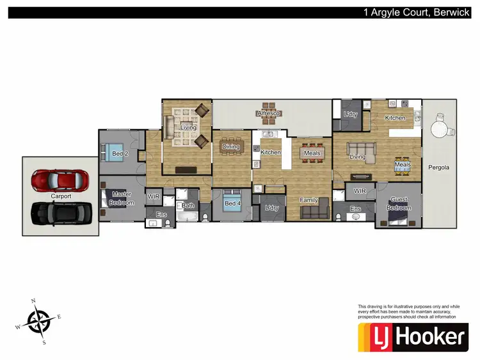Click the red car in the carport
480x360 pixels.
click(x=58, y=180)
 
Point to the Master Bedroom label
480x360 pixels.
click(x=122, y=198)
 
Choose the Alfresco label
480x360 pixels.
click(x=268, y=113)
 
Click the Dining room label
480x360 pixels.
click(x=230, y=147)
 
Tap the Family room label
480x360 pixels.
click(x=309, y=200)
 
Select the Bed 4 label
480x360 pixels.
click(x=233, y=204)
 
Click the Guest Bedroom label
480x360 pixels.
click(x=398, y=204)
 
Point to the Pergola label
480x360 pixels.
click(x=439, y=168)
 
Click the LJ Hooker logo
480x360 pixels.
click(x=413, y=337)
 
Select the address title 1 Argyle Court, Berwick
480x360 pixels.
click(x=416, y=12)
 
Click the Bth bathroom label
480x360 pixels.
click(x=188, y=205)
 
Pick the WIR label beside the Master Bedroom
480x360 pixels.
click(x=154, y=197)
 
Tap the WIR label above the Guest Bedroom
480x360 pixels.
click(x=360, y=191)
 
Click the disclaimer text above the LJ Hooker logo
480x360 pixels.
click(x=406, y=312)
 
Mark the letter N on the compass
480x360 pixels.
click(x=34, y=300)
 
